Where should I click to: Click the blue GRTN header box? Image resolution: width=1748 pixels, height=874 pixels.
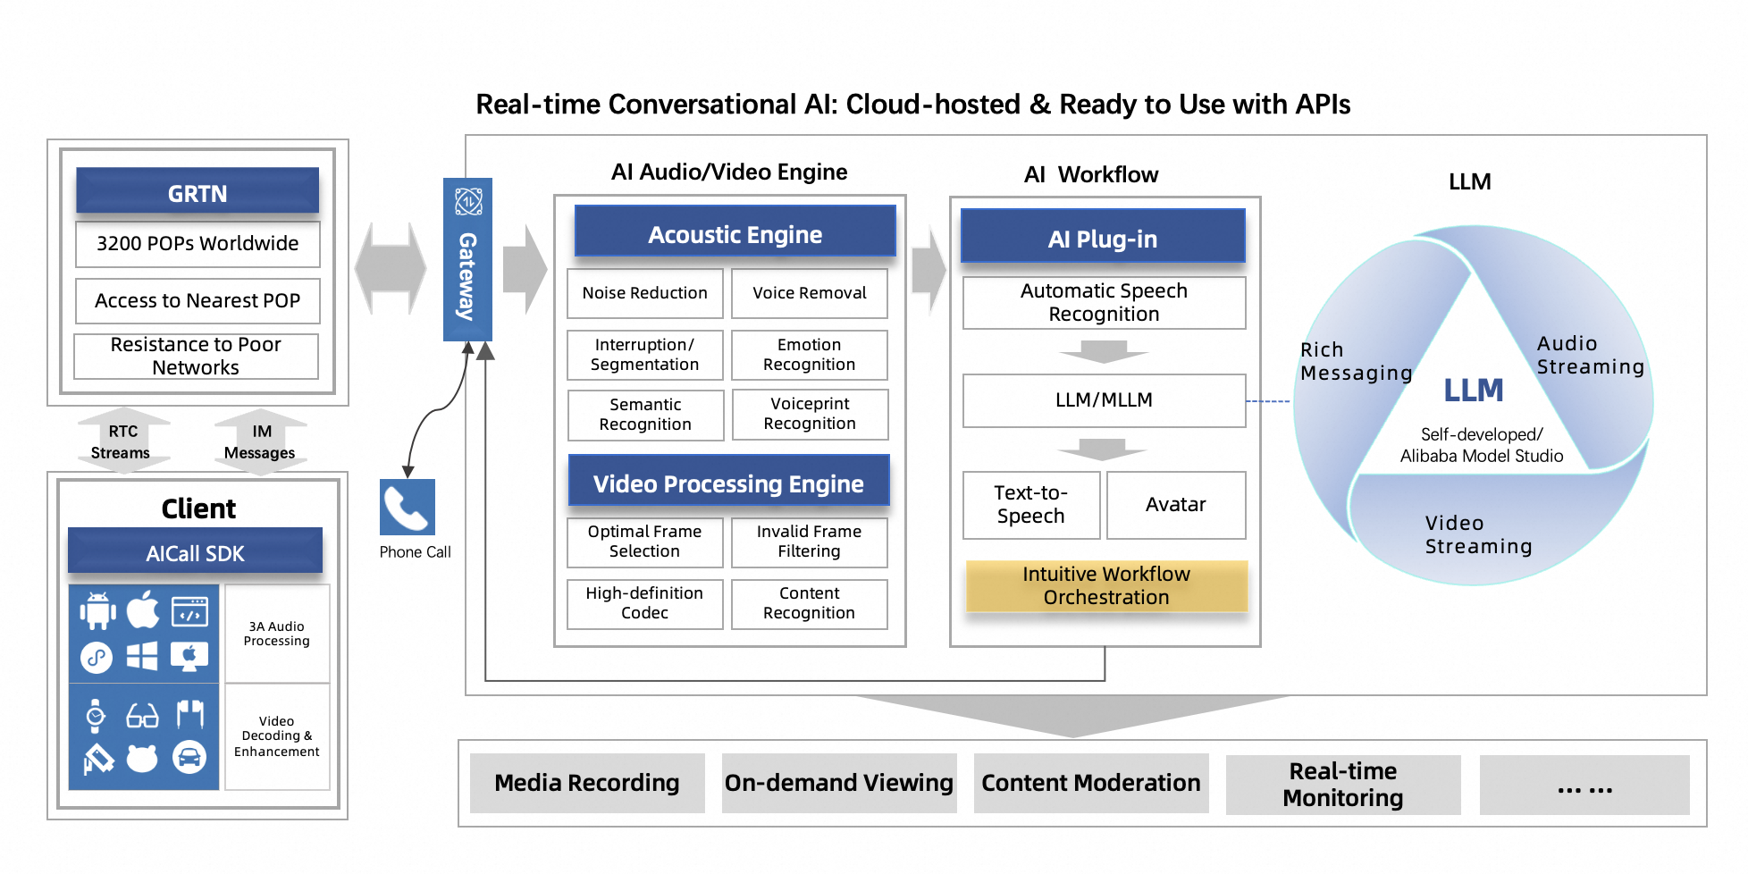coord(197,191)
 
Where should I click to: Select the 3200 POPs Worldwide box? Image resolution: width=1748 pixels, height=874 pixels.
coord(197,244)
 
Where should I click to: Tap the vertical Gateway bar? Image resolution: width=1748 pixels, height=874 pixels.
coord(467,260)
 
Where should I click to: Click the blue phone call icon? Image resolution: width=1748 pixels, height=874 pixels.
coord(408,507)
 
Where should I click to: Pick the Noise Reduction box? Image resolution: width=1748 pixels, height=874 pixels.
coord(644,293)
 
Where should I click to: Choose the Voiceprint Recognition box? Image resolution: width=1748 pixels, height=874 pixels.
coord(810,414)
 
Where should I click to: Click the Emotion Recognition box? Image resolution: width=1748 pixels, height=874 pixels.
coord(810,355)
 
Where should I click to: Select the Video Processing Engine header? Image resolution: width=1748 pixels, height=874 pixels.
coord(728,483)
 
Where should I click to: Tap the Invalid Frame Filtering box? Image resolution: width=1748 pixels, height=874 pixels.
coord(810,542)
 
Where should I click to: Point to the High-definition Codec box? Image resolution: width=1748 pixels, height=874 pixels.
coord(644,603)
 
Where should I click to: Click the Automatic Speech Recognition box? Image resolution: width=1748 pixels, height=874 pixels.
coord(1104,303)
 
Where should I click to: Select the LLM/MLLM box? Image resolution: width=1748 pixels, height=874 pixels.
coord(1104,400)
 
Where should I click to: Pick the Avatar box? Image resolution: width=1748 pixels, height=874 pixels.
coord(1176,505)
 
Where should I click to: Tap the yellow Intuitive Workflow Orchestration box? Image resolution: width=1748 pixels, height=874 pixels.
coord(1106,586)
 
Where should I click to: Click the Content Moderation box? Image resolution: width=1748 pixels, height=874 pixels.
coord(1091,783)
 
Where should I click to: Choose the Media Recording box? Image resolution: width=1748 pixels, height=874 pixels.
coord(587,783)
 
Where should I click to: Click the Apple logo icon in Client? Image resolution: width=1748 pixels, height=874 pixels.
coord(143,610)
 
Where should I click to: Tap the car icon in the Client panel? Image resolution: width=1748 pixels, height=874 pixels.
coord(189,758)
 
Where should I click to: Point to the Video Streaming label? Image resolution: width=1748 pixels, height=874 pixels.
coord(1478,534)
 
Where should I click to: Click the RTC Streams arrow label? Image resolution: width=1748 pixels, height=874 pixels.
coord(122,441)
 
